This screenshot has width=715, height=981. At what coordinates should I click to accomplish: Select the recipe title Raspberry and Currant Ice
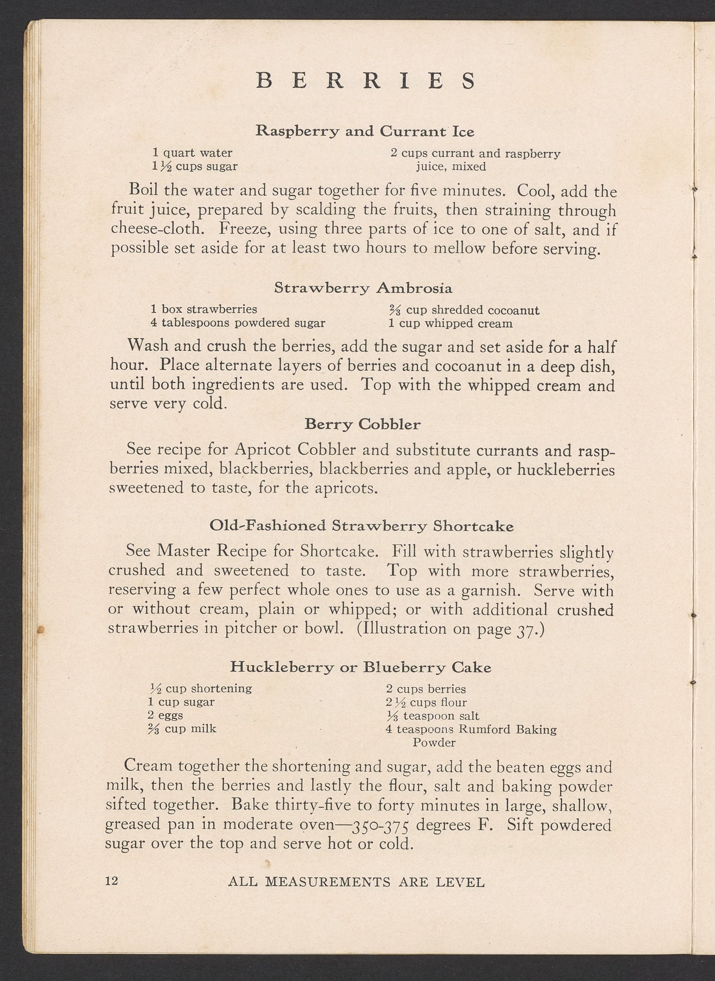(x=365, y=131)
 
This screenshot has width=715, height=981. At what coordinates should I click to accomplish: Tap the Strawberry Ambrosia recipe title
(x=363, y=288)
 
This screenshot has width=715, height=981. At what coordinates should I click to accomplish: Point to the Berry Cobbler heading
(x=362, y=424)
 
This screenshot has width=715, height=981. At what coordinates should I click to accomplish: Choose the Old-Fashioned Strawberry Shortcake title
(x=361, y=526)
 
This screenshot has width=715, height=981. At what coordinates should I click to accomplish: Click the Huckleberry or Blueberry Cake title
(x=361, y=667)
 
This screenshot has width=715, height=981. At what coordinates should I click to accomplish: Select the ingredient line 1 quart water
(x=192, y=153)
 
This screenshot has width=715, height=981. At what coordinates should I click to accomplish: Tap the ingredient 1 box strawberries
(x=204, y=309)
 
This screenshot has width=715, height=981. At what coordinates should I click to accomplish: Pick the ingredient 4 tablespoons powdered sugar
(x=238, y=323)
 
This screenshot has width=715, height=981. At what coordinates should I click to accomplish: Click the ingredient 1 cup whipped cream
(x=450, y=323)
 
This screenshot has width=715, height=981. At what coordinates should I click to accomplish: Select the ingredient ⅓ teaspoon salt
(x=432, y=716)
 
